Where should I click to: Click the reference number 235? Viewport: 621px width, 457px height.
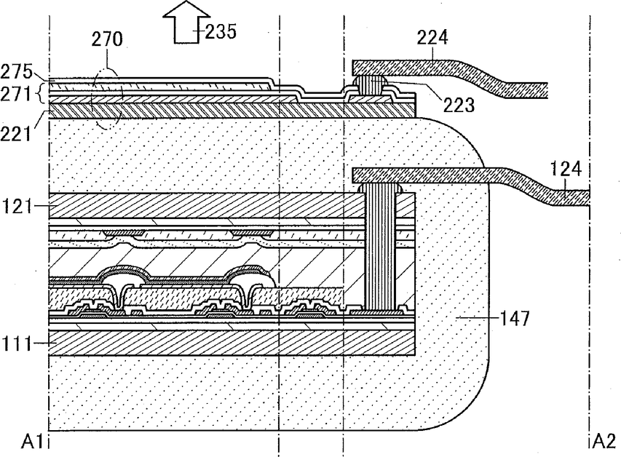coord(221,31)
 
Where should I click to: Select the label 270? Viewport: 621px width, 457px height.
coord(107,39)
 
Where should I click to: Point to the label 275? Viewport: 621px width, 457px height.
coord(16,71)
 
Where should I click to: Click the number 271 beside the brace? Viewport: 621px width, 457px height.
coord(15,95)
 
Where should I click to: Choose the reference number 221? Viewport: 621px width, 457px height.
coord(15,134)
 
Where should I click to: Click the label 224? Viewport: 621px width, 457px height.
coord(432,38)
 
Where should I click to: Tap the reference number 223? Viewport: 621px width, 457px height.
coord(459,105)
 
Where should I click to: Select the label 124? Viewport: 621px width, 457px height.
coord(566,169)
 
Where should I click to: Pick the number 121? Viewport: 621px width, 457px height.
coord(17,207)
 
